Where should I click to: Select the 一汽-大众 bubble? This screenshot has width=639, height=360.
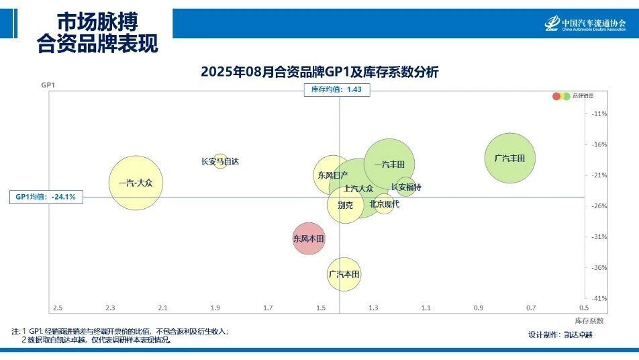136,183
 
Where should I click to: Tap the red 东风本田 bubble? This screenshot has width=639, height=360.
309,238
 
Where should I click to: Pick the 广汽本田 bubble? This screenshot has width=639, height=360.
344,274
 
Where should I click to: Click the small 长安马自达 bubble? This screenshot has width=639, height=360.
219,161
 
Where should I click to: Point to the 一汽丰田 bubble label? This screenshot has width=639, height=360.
389,165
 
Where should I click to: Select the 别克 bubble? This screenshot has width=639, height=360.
345,205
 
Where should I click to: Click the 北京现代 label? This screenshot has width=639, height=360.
384,204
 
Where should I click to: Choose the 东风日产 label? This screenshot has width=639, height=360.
333,175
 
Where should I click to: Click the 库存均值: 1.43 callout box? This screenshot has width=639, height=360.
337,89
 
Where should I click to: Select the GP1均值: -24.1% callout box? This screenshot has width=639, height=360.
46,197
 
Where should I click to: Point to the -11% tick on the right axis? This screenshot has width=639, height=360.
599,114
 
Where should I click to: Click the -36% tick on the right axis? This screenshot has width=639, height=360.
599,267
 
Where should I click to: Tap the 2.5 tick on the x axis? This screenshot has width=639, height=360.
58,308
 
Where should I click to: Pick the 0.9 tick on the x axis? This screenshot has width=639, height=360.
478,308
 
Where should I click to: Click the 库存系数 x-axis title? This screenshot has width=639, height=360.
589,320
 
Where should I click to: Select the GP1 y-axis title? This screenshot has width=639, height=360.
48,85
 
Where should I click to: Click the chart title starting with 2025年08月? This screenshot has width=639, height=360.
319,72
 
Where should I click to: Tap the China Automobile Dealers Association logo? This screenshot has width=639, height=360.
585,24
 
